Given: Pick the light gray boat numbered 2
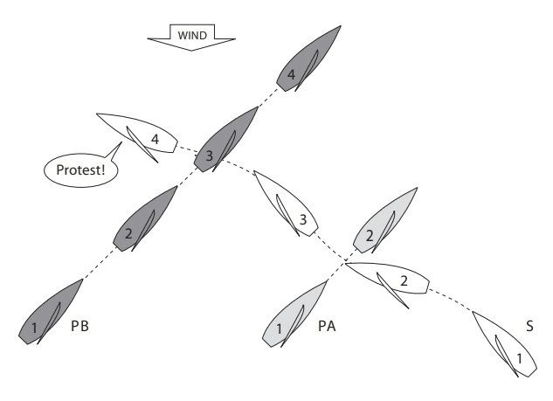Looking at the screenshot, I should click(380, 224).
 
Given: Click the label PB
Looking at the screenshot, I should click(81, 328).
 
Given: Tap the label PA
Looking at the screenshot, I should click(328, 328).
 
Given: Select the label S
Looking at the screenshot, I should click(529, 328).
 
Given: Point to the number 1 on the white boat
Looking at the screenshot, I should click(518, 357).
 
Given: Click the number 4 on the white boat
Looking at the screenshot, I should click(155, 139).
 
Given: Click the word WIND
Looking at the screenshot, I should click(191, 36).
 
